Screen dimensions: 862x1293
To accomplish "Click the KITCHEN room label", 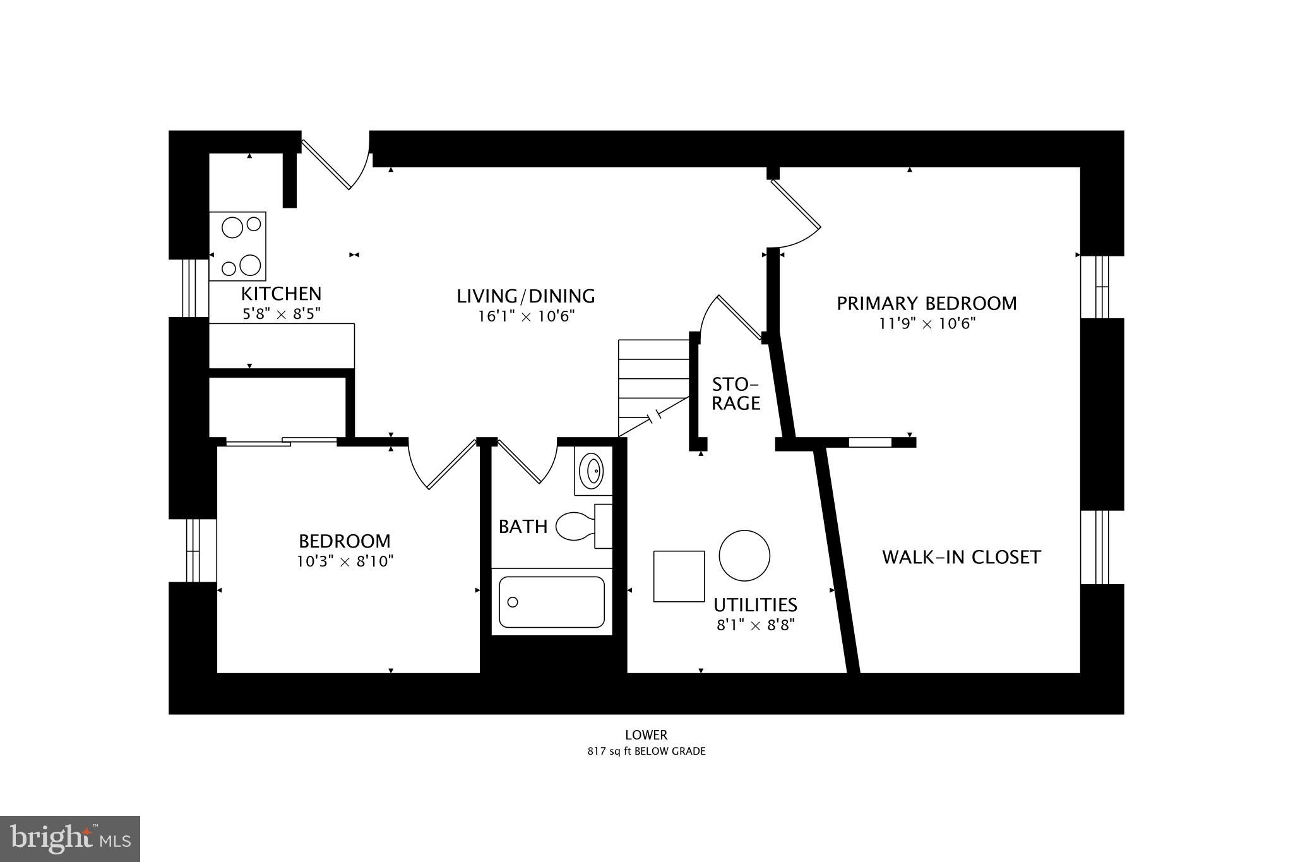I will point(281,294).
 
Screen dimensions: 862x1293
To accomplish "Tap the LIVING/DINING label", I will point(526,296).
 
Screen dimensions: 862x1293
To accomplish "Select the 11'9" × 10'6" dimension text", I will point(927,324).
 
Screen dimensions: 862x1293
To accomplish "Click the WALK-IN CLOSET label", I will point(961,557).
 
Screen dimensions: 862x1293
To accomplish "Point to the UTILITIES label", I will point(755,605).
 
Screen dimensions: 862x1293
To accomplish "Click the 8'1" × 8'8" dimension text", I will point(755,625).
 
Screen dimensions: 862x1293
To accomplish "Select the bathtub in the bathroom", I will point(551,602).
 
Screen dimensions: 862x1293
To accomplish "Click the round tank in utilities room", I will point(744,556).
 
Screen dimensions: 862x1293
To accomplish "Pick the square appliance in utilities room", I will point(679,576).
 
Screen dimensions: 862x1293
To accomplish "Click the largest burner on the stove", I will point(250,265).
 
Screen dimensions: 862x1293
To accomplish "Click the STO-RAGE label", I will point(736,393).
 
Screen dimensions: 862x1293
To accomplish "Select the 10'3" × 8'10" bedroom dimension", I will point(345,561).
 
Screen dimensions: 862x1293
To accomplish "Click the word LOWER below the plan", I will point(646,735).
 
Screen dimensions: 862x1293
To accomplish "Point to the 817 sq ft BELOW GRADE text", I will point(646,751).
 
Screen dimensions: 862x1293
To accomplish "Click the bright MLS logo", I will point(70,839).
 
